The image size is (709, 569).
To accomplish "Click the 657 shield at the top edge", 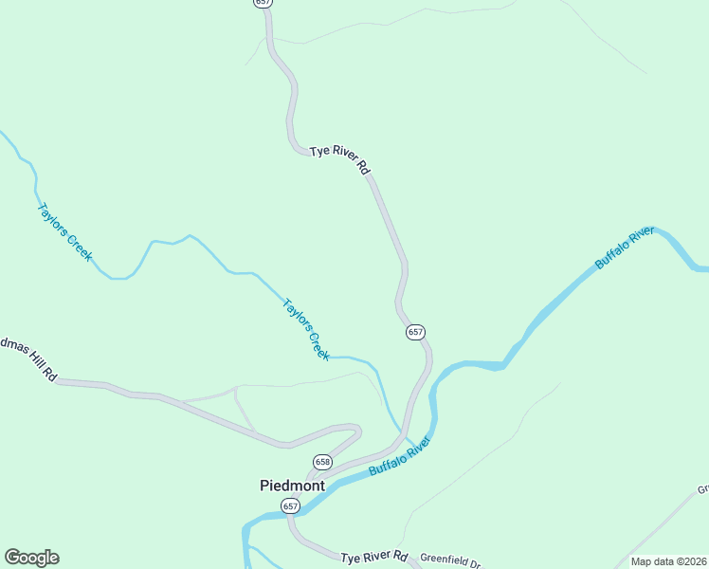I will pyautogui.click(x=264, y=3).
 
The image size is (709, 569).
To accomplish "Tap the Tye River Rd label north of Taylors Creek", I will pyautogui.click(x=338, y=159).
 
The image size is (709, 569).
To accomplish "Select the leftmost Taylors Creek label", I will pyautogui.click(x=64, y=231).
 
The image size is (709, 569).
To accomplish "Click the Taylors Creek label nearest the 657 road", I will pyautogui.click(x=306, y=329).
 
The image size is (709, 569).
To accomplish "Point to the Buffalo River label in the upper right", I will pyautogui.click(x=625, y=248).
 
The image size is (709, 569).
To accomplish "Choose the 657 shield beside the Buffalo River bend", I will pyautogui.click(x=415, y=332).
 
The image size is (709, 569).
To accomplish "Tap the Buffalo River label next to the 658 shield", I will pyautogui.click(x=400, y=456).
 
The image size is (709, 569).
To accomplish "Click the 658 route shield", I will pyautogui.click(x=323, y=461).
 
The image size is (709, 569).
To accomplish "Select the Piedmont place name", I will pyautogui.click(x=292, y=485).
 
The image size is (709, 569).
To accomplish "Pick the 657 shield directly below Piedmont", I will pyautogui.click(x=291, y=506).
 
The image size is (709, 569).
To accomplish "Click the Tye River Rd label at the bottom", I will pyautogui.click(x=373, y=557).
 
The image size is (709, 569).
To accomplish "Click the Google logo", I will pyautogui.click(x=31, y=558).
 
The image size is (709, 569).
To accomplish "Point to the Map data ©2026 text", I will pyautogui.click(x=668, y=561).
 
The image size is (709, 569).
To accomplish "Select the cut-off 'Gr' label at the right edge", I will pyautogui.click(x=702, y=489).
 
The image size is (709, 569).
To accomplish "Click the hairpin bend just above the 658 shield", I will pyautogui.click(x=358, y=431).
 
